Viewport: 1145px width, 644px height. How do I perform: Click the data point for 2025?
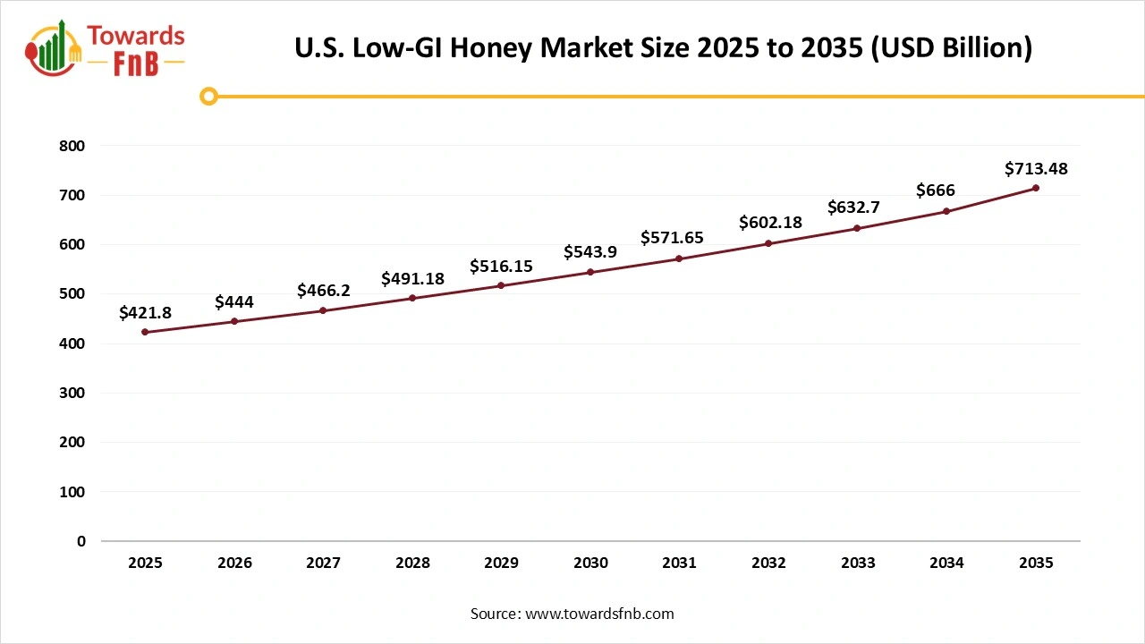pyautogui.click(x=145, y=332)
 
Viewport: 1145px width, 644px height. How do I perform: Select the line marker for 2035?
pyautogui.click(x=1036, y=188)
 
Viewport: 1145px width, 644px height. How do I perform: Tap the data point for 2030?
pyautogui.click(x=590, y=272)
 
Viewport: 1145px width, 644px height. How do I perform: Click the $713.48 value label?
pyautogui.click(x=1036, y=168)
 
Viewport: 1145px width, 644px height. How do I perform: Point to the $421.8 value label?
pyautogui.click(x=145, y=312)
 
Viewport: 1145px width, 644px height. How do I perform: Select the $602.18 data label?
pyautogui.click(x=770, y=223)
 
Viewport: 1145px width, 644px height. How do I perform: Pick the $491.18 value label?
pyautogui.click(x=412, y=278)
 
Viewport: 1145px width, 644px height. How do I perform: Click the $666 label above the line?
pyautogui.click(x=936, y=191)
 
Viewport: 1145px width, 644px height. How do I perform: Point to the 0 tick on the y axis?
pyautogui.click(x=81, y=541)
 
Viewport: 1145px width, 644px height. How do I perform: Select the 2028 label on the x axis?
pyautogui.click(x=412, y=563)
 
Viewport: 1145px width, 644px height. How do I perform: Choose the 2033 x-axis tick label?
pyautogui.click(x=858, y=563)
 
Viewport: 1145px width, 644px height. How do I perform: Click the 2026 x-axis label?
pyautogui.click(x=234, y=563)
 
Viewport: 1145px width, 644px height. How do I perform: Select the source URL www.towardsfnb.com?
pyautogui.click(x=599, y=614)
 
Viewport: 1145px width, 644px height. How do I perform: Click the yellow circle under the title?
pyautogui.click(x=208, y=96)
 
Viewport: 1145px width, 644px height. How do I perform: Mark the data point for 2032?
pyautogui.click(x=768, y=243)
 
